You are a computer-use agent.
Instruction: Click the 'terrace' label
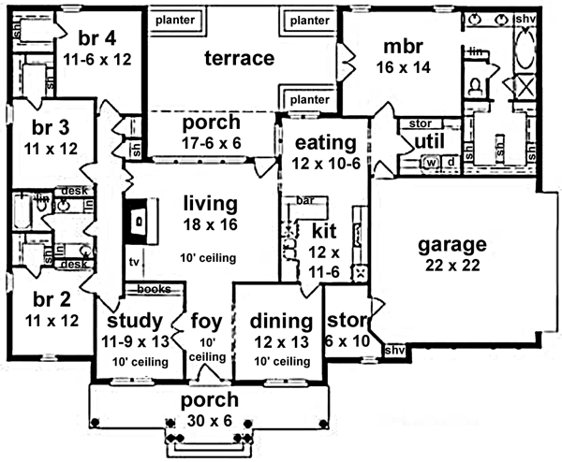coord(239,59)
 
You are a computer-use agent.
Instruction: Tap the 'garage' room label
coord(452,245)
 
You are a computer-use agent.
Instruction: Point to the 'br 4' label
coord(97,40)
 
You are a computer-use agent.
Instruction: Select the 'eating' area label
coord(326,144)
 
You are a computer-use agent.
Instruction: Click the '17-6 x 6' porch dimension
coord(209,143)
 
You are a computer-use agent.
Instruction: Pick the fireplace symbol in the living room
coord(139,222)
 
